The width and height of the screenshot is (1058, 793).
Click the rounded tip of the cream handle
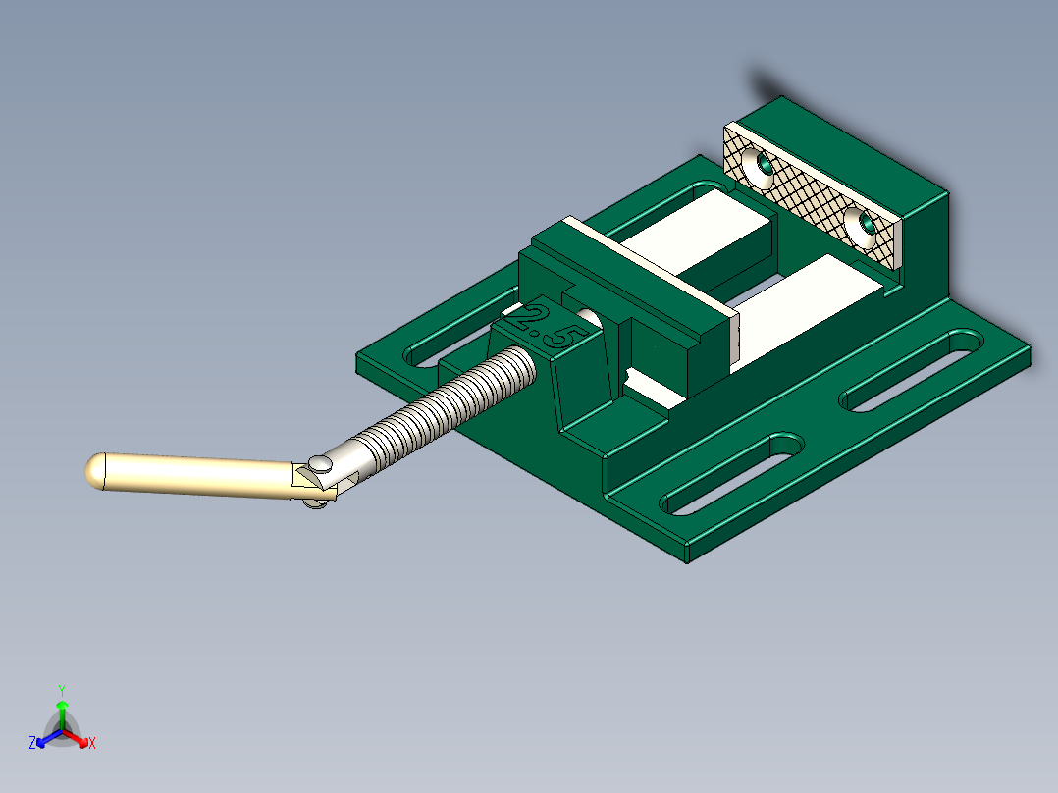tap(95, 470)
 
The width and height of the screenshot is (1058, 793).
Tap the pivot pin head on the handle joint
tap(320, 463)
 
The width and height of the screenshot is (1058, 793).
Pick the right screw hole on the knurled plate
tap(865, 228)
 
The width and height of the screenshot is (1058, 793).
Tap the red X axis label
tap(92, 744)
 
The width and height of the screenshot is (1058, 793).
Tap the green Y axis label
tap(61, 690)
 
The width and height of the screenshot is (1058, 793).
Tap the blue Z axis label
tap(32, 744)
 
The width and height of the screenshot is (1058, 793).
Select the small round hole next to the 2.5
tap(590, 317)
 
